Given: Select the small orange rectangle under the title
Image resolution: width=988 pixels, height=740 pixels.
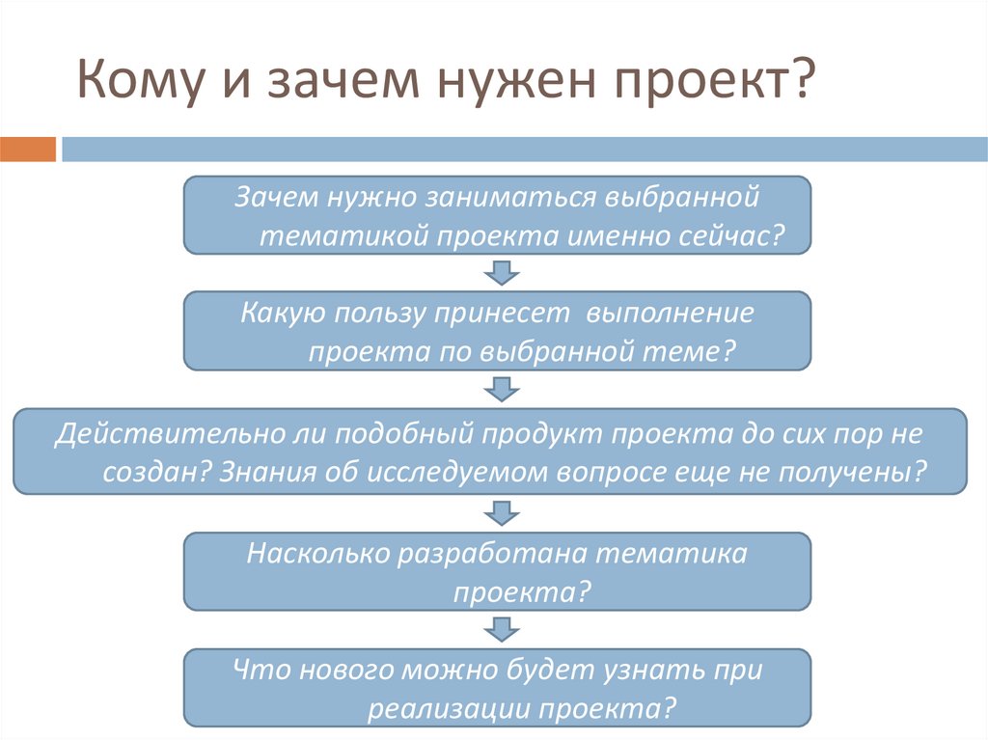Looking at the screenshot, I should tap(28, 150).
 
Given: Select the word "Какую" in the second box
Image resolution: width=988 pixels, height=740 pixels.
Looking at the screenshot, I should tap(281, 314).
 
